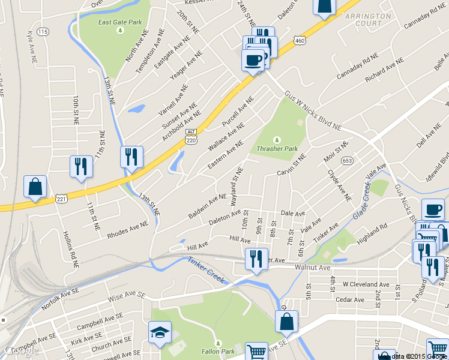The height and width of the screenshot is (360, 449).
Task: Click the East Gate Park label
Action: [120, 23]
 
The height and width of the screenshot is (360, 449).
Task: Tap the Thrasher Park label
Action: [277, 148]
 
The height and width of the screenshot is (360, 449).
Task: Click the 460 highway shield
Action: [300, 40]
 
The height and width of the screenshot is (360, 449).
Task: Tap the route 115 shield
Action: [42, 31]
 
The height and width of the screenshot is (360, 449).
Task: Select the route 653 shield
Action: [347, 160]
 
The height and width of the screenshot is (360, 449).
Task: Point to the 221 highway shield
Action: [61, 198]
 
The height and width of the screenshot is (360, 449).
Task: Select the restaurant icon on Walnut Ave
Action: [256, 259]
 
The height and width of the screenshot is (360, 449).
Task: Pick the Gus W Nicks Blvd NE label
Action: [312, 112]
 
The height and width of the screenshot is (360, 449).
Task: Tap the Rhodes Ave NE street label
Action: [127, 231]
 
